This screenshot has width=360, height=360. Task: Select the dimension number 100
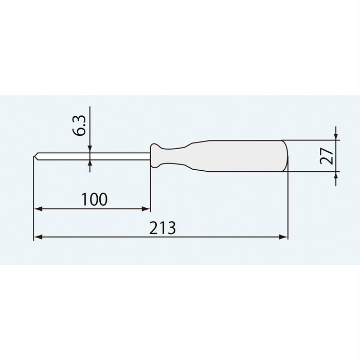(x=94, y=199)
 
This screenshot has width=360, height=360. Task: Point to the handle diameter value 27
(x=324, y=155)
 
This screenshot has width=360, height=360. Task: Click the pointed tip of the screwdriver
(x=35, y=156)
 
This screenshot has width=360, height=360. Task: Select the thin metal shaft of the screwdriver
(x=93, y=156)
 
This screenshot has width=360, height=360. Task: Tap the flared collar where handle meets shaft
(x=155, y=155)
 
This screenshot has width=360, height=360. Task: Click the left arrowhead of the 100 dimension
(x=37, y=209)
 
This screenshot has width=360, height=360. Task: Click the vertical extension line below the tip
(x=33, y=201)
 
